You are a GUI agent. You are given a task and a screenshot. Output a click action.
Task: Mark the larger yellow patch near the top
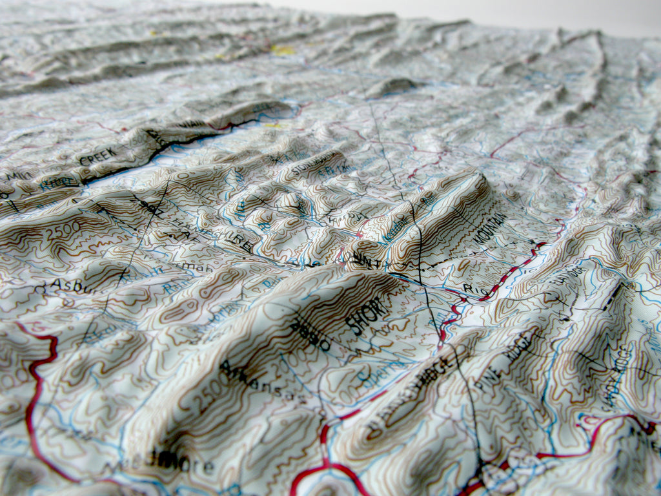[282, 49]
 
